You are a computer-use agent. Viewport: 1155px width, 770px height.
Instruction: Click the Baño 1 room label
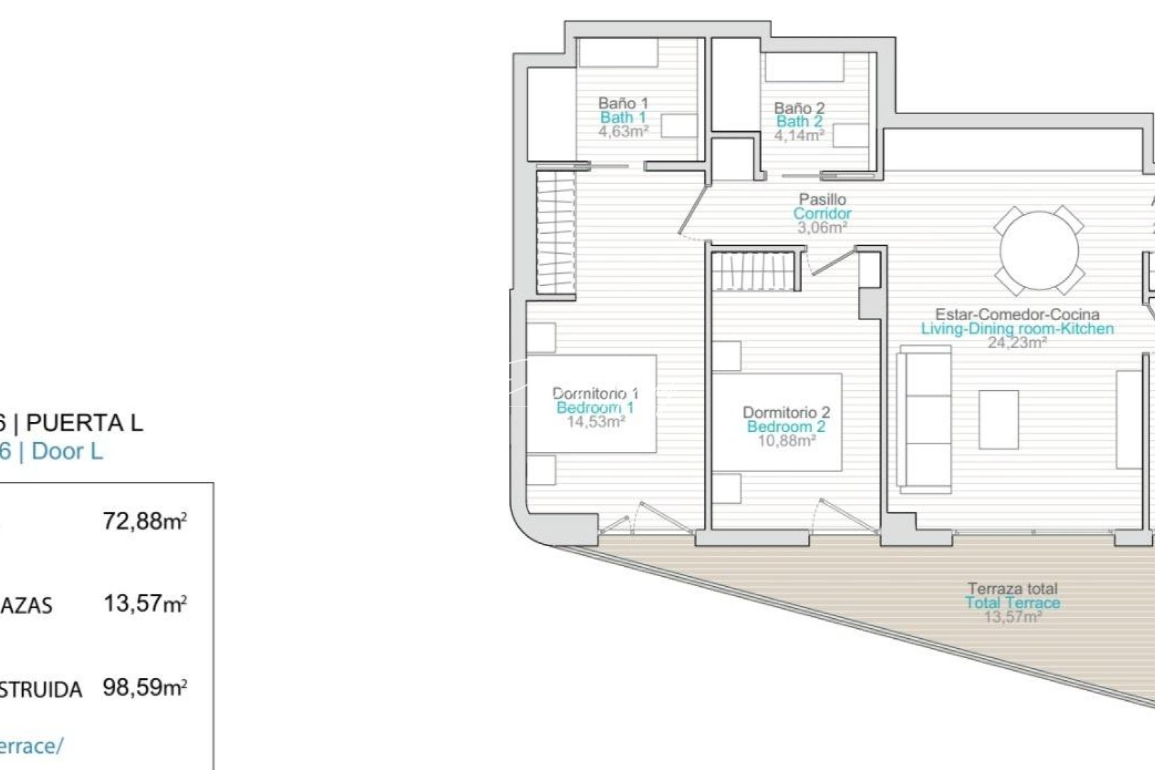(622, 103)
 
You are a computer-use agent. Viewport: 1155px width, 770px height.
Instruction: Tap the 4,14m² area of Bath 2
(799, 135)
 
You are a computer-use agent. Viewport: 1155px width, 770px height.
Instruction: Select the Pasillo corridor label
(822, 200)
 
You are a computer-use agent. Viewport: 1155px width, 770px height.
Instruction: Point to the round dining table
(1039, 250)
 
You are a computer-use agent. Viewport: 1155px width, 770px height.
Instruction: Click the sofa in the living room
(925, 420)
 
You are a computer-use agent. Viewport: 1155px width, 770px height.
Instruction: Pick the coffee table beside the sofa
(998, 419)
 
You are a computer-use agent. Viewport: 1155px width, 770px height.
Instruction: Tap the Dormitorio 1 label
(595, 393)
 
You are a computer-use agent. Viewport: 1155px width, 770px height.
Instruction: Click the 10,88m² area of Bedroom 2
(786, 441)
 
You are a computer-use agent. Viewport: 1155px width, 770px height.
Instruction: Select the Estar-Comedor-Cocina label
(1017, 314)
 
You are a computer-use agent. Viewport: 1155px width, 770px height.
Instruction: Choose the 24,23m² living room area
(1017, 342)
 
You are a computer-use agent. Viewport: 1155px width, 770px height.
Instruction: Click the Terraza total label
(1012, 589)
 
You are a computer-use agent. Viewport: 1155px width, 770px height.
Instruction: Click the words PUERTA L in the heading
(84, 423)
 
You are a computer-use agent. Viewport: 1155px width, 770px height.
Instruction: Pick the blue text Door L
(67, 451)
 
